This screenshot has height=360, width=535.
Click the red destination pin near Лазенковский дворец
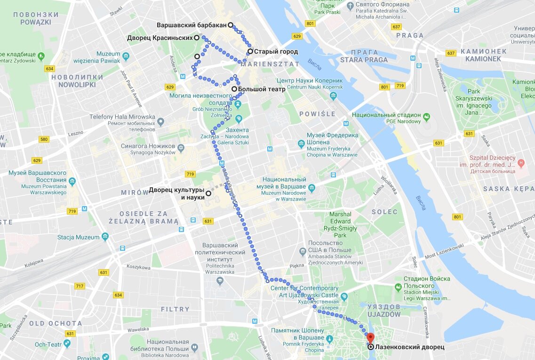370,337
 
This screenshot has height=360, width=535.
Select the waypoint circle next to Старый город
250,51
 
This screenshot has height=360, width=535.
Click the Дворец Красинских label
160,38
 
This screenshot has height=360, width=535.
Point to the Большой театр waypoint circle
234,88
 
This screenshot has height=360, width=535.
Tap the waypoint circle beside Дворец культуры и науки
208,193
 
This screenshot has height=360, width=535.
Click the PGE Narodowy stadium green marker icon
427,116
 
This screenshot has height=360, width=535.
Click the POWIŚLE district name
318,114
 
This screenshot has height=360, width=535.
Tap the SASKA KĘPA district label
508,189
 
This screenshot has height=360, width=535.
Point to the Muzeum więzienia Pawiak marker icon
126,57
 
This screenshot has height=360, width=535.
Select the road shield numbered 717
80,286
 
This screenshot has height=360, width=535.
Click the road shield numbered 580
44,139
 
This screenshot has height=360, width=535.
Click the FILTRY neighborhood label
175,309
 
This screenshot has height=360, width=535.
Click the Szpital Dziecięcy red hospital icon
521,163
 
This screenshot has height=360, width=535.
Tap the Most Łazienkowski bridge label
445,252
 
